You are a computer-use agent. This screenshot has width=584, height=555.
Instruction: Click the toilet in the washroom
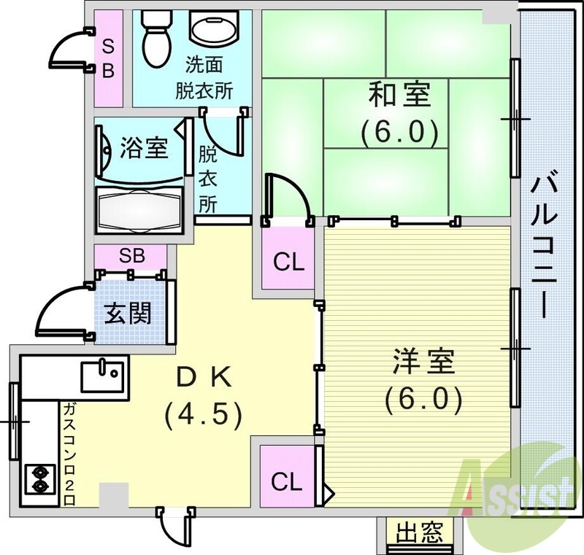(x=153, y=36)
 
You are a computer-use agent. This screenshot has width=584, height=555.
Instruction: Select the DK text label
(x=205, y=378)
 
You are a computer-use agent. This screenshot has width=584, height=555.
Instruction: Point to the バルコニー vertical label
(x=544, y=244)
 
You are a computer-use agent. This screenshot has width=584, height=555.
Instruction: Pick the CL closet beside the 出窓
(x=286, y=481)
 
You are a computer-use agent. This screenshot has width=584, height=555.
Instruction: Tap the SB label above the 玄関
(x=132, y=256)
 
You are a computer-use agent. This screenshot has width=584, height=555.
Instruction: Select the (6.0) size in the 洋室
(x=423, y=398)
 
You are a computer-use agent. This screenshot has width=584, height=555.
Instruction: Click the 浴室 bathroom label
(x=144, y=150)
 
